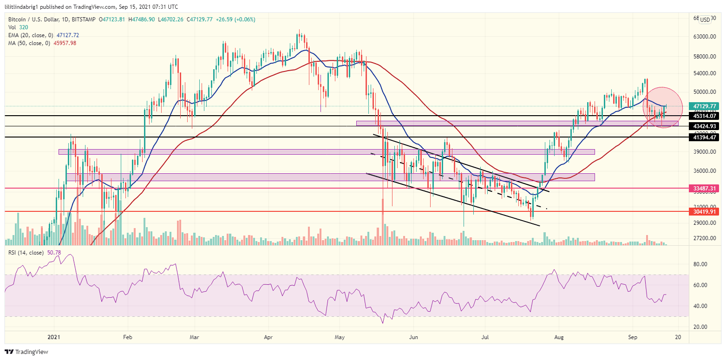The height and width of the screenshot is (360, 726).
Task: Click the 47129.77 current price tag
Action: [704, 106]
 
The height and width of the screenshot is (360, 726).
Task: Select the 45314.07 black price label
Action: [704, 116]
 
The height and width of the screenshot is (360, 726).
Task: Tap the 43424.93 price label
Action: [704, 126]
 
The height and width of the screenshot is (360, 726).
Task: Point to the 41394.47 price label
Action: [704, 137]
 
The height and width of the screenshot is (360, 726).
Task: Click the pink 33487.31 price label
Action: [704, 188]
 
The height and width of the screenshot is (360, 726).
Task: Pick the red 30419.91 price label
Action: [704, 211]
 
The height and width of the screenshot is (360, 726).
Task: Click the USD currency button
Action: [705, 20]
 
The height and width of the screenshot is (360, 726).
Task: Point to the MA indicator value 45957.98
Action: [65, 43]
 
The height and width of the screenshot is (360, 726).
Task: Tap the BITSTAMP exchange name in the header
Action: [82, 20]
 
